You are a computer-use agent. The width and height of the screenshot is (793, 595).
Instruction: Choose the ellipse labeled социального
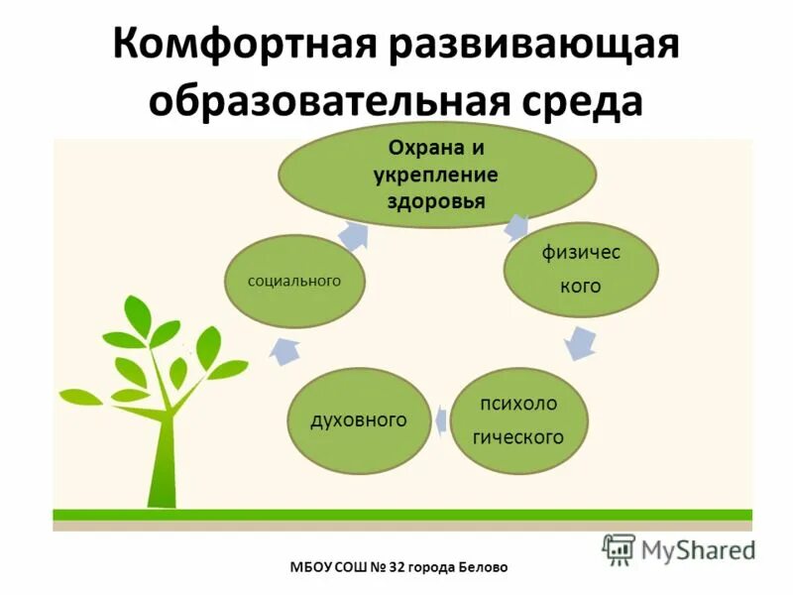294,282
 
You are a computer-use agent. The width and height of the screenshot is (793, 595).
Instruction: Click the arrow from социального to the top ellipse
353,235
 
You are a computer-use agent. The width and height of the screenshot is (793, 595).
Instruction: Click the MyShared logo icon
619,548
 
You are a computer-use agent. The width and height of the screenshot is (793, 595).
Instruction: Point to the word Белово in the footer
482,567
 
